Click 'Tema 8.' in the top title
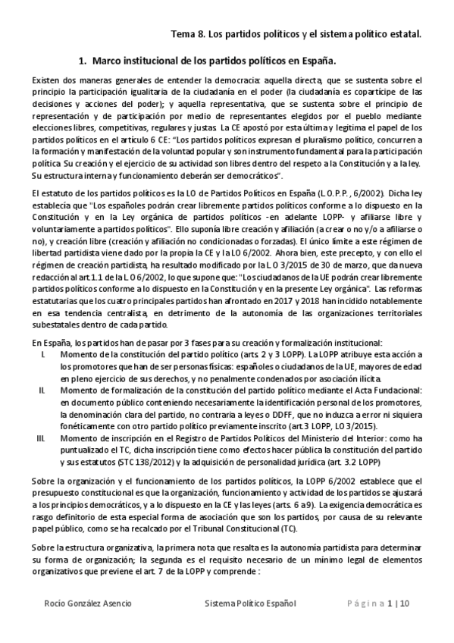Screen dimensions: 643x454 (189, 34)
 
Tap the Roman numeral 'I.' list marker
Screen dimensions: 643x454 (42, 355)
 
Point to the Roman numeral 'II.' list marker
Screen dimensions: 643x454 (42, 389)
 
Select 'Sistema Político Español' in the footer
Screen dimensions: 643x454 (250, 604)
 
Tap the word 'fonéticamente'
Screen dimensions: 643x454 (86, 427)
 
